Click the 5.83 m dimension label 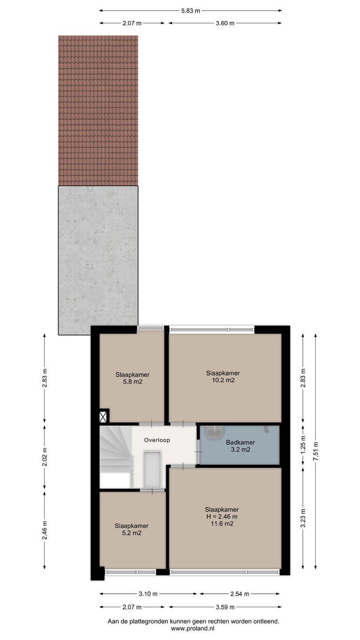pyautogui.click(x=191, y=11)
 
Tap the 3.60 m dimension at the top pyautogui.click(x=225, y=24)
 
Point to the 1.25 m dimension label pyautogui.click(x=303, y=445)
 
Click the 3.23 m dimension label pyautogui.click(x=303, y=518)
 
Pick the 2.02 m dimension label pyautogui.click(x=44, y=457)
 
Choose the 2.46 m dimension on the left pyautogui.click(x=44, y=530)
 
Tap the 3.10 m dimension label pyautogui.click(x=148, y=594)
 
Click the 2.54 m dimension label pyautogui.click(x=240, y=594)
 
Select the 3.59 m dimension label pyautogui.click(x=225, y=607)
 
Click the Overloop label pyautogui.click(x=157, y=440)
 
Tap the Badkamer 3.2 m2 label pyautogui.click(x=240, y=446)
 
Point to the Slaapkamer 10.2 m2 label pyautogui.click(x=223, y=376)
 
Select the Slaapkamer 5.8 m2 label pyautogui.click(x=132, y=378)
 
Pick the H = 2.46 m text pyautogui.click(x=222, y=516)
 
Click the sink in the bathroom pyautogui.click(x=215, y=432)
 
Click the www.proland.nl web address pyautogui.click(x=192, y=628)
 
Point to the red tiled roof pyautogui.click(x=98, y=111)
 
